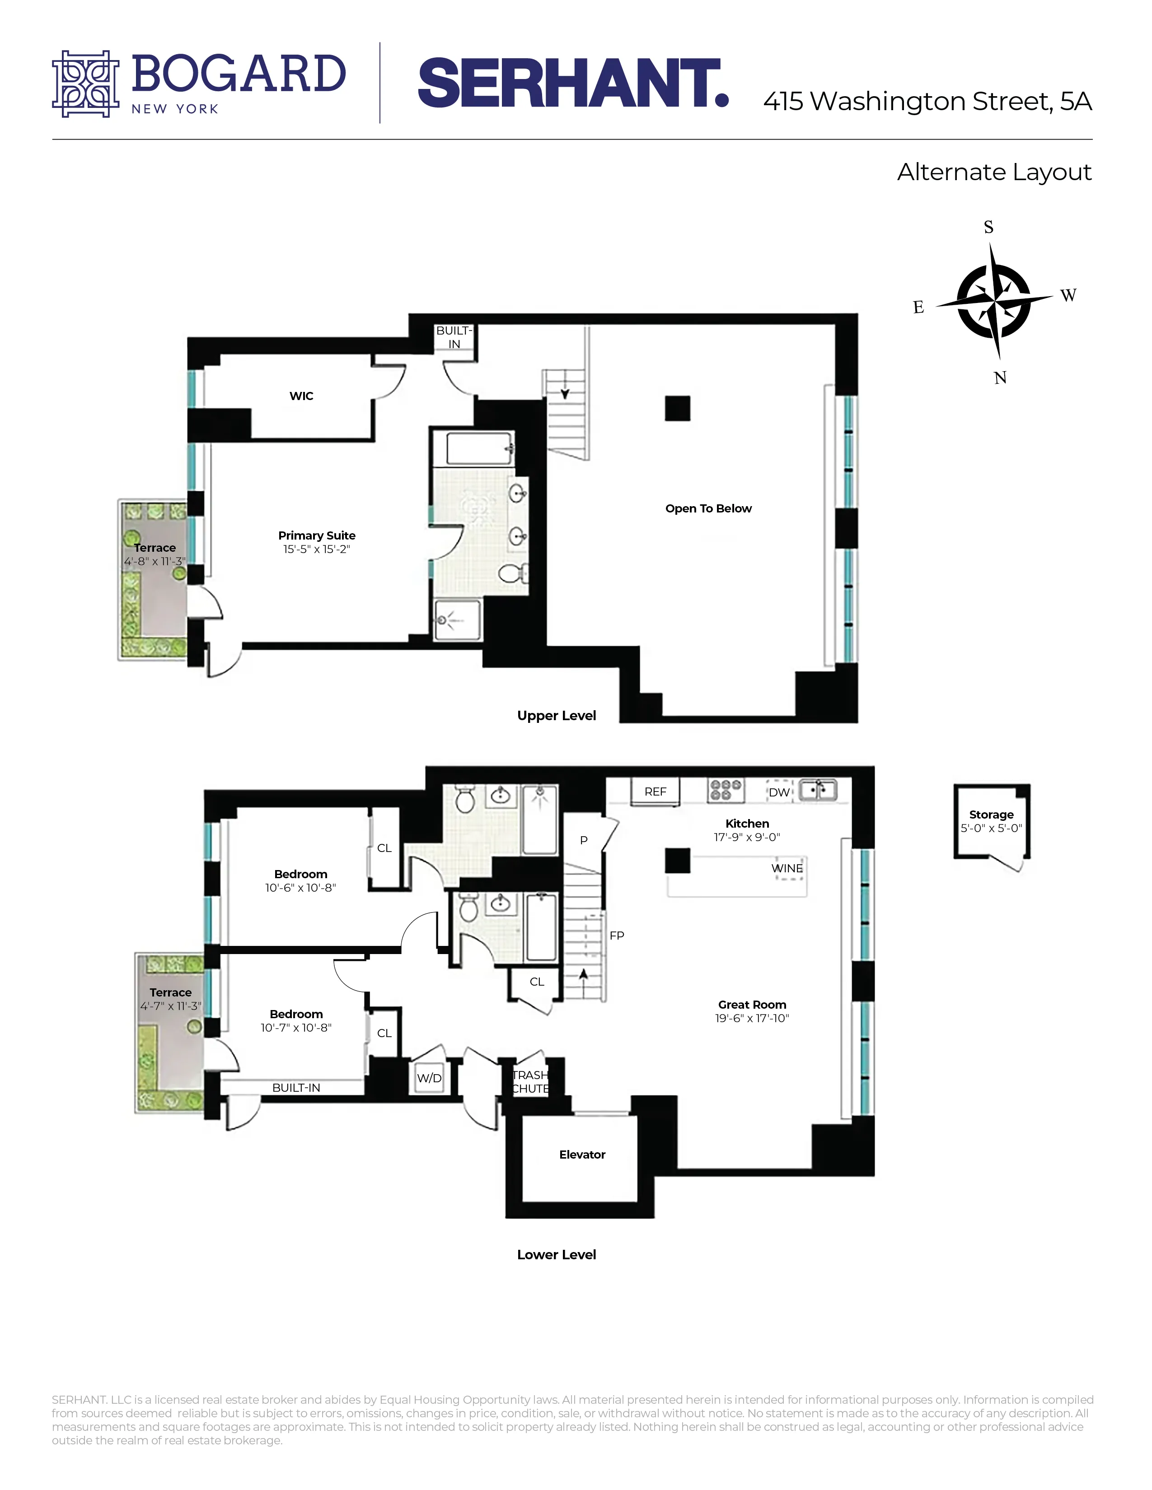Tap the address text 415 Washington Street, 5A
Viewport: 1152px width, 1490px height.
[927, 102]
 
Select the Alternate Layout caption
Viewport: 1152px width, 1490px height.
[994, 172]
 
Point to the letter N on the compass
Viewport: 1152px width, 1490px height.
[1000, 378]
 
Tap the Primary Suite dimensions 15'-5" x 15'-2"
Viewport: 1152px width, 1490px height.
[317, 549]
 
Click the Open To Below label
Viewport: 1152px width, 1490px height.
[708, 508]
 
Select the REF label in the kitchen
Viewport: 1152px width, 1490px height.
[655, 792]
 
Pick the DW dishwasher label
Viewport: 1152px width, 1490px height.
[779, 792]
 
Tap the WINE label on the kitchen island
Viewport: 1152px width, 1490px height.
[787, 868]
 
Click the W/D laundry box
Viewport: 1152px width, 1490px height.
[429, 1078]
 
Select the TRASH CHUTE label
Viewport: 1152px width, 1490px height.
[530, 1082]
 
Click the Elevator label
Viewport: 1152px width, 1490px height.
[582, 1155]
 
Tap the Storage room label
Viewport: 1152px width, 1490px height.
[991, 815]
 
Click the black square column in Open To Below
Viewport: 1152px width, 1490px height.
[678, 409]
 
